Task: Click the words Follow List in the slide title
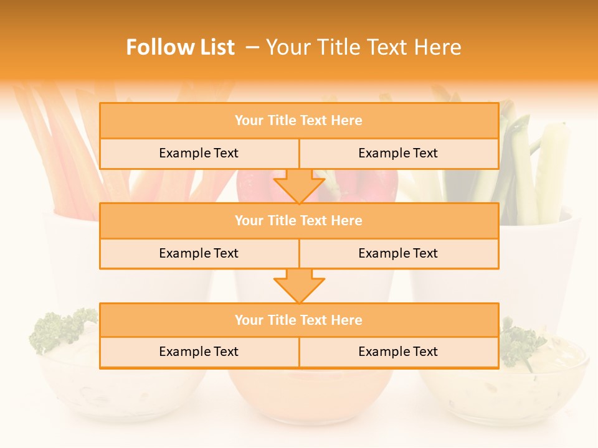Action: [x=180, y=47]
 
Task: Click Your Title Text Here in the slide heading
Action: [x=363, y=47]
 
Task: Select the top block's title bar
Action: [x=298, y=121]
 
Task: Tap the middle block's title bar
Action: [x=298, y=220]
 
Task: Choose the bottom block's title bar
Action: [x=298, y=320]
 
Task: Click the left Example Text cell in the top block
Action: [x=199, y=153]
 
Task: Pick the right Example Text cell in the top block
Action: [x=398, y=153]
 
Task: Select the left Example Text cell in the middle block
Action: [x=199, y=253]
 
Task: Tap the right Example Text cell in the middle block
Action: [x=398, y=253]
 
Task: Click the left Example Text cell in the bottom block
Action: [x=199, y=352]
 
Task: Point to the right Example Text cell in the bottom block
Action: [x=398, y=352]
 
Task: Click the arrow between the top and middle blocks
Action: [x=299, y=186]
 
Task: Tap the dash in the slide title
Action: [x=252, y=47]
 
